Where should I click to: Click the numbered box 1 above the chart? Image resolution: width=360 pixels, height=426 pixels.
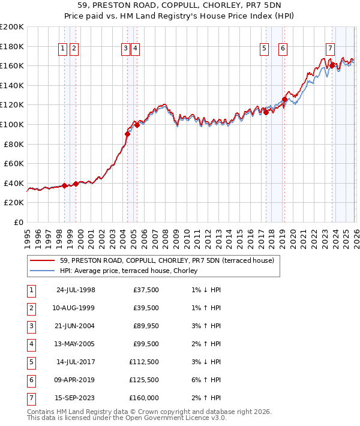pyautogui.click(x=63, y=49)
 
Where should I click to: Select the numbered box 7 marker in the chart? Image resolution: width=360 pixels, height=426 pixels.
pyautogui.click(x=330, y=49)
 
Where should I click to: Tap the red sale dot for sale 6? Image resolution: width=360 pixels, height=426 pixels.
pyautogui.click(x=284, y=100)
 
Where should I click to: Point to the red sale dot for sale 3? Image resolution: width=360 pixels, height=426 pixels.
pyautogui.click(x=127, y=134)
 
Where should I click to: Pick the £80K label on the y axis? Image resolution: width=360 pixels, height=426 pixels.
pyautogui.click(x=14, y=144)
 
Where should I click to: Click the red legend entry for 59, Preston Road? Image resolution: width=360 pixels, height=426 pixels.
pyautogui.click(x=167, y=260)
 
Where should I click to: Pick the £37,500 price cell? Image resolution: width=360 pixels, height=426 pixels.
pyautogui.click(x=145, y=290)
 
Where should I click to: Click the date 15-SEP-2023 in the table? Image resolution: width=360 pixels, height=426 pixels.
pyautogui.click(x=75, y=398)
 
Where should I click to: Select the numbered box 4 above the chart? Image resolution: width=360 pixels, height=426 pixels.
pyautogui.click(x=136, y=49)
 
